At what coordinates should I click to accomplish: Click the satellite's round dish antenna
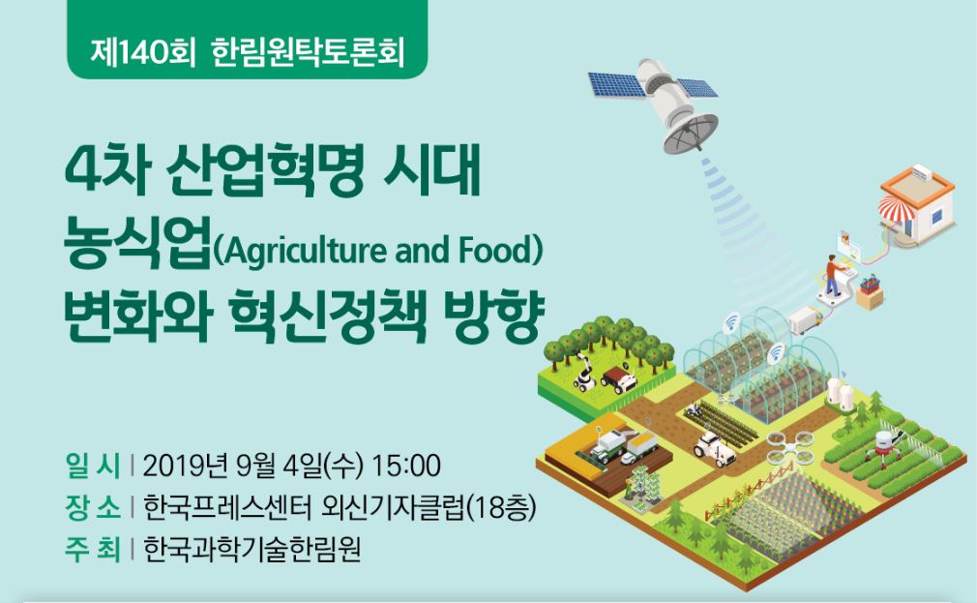pyautogui.click(x=691, y=133)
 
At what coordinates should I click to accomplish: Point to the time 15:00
pyautogui.click(x=406, y=466)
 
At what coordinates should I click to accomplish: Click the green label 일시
pyautogui.click(x=92, y=466)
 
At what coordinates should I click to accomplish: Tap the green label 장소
pyautogui.click(x=92, y=507)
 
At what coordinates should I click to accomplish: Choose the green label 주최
pyautogui.click(x=92, y=550)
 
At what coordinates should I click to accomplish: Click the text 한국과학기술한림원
pyautogui.click(x=252, y=550)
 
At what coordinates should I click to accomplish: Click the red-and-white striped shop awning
pyautogui.click(x=896, y=208)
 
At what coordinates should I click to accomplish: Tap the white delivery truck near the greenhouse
pyautogui.click(x=806, y=320)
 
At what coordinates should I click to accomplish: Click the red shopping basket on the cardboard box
pyautogui.click(x=871, y=284)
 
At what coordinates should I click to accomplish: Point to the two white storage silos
pyautogui.click(x=840, y=393)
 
